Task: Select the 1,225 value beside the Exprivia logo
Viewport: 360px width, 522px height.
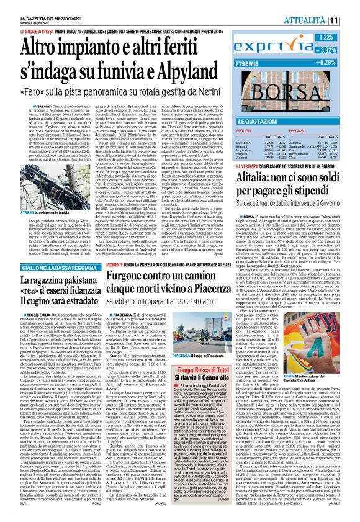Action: click(339, 38)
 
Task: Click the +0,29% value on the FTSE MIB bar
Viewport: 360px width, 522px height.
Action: click(336, 63)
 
